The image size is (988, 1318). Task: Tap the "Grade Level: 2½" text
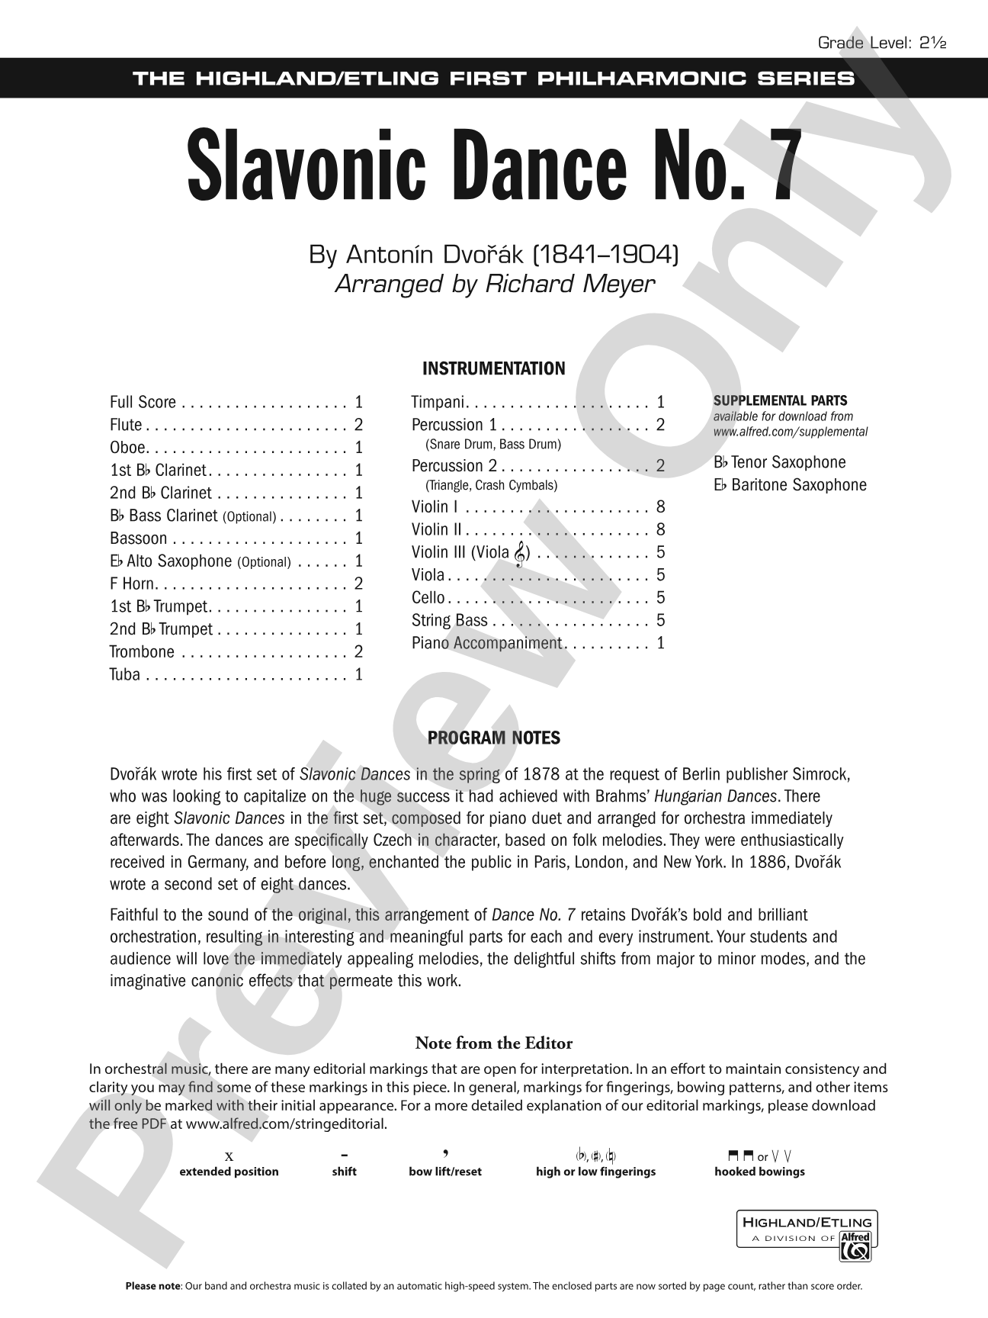(x=881, y=43)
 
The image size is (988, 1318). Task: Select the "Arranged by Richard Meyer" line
(x=494, y=284)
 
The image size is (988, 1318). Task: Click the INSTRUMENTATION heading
(x=494, y=368)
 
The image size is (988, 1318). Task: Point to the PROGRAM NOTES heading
(x=494, y=738)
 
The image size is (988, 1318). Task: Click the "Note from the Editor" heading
(x=494, y=1043)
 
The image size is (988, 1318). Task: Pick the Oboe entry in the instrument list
(x=127, y=448)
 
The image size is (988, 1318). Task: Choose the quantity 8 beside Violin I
(x=660, y=506)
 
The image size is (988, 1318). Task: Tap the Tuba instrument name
(x=125, y=674)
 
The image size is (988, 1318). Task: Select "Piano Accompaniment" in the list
(x=486, y=643)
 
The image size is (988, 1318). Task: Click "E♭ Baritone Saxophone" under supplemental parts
(x=790, y=485)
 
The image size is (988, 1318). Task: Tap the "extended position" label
(x=229, y=1172)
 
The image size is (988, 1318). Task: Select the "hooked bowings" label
(x=759, y=1172)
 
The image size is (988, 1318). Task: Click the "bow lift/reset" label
(x=445, y=1172)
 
